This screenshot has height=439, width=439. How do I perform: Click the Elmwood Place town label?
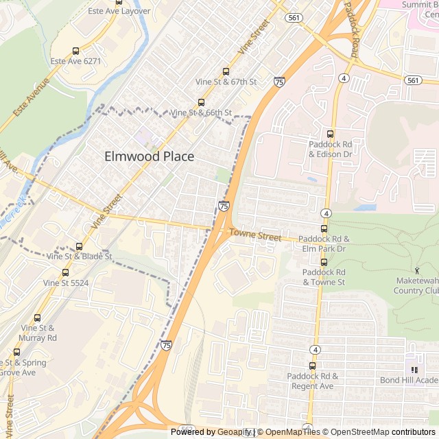(149, 156)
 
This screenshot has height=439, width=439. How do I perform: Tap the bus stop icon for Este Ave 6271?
(75, 51)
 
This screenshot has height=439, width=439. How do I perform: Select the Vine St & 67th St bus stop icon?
(226, 71)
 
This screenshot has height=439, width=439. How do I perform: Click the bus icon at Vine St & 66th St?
(201, 102)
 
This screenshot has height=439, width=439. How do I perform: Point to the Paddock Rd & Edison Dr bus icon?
(330, 134)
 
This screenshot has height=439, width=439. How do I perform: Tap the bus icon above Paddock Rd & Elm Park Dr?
(324, 228)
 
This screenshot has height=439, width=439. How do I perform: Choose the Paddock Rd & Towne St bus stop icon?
(324, 262)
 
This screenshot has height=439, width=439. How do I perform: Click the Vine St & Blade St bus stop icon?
(80, 246)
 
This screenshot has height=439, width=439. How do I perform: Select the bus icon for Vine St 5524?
(65, 272)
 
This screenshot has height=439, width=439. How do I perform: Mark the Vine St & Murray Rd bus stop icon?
(37, 318)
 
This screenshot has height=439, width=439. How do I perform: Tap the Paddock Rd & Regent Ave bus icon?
(313, 366)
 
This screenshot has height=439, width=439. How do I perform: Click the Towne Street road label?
(255, 236)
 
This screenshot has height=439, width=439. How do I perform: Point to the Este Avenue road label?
(32, 97)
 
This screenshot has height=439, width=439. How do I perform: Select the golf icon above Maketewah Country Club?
(417, 271)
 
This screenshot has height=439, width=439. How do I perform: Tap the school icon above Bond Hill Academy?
(414, 370)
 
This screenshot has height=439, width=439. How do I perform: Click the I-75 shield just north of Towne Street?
(224, 206)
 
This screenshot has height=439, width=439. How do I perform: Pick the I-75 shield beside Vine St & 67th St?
(278, 82)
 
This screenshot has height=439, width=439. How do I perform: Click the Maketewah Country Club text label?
(416, 286)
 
